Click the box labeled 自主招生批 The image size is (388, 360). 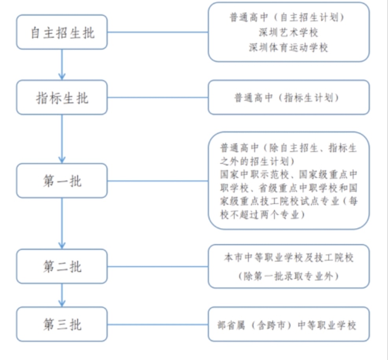(x=62, y=32)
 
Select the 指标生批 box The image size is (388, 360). (x=62, y=97)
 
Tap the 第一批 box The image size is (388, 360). (x=62, y=181)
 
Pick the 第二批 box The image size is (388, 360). (x=62, y=266)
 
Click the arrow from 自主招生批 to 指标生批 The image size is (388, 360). (x=62, y=65)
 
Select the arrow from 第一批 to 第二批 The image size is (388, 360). (x=62, y=223)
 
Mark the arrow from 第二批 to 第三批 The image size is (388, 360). (x=62, y=295)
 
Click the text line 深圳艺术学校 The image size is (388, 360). (x=288, y=32)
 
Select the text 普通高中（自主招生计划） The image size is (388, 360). (x=288, y=17)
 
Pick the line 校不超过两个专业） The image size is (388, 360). (x=263, y=215)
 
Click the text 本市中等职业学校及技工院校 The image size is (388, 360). (x=288, y=258)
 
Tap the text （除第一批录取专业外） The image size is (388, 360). (x=288, y=276)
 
